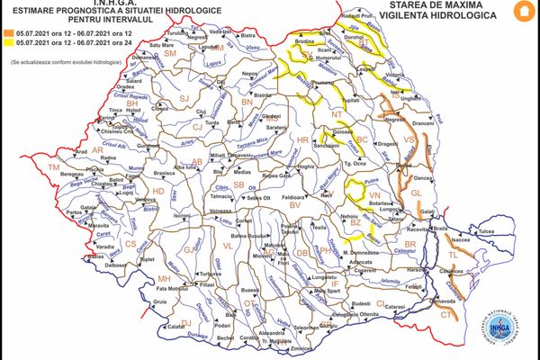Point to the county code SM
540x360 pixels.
[x=169, y=55]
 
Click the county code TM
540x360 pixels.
[x=54, y=168]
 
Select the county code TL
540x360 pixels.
[x=453, y=256]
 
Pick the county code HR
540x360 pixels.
[x=302, y=140]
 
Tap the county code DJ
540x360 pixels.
[x=186, y=322]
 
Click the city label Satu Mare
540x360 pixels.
[x=160, y=44]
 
